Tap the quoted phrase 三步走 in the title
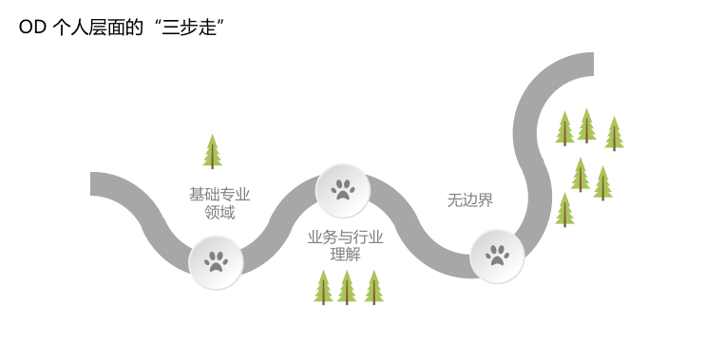(x=193, y=28)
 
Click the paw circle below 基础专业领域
(x=216, y=262)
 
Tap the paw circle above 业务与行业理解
(x=343, y=190)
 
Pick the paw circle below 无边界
(x=497, y=256)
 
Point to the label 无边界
(x=470, y=200)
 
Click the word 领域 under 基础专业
(x=219, y=213)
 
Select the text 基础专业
(x=219, y=194)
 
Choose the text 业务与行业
(x=346, y=237)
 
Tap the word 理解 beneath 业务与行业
(x=346, y=255)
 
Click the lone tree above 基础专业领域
(x=212, y=151)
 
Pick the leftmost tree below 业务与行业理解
(x=323, y=287)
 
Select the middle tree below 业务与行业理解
(x=347, y=287)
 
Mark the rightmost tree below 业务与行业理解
(x=374, y=287)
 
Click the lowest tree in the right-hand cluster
(x=564, y=209)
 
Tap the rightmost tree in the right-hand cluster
(x=614, y=133)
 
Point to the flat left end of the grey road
(x=95, y=184)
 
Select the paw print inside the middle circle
(x=343, y=190)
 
